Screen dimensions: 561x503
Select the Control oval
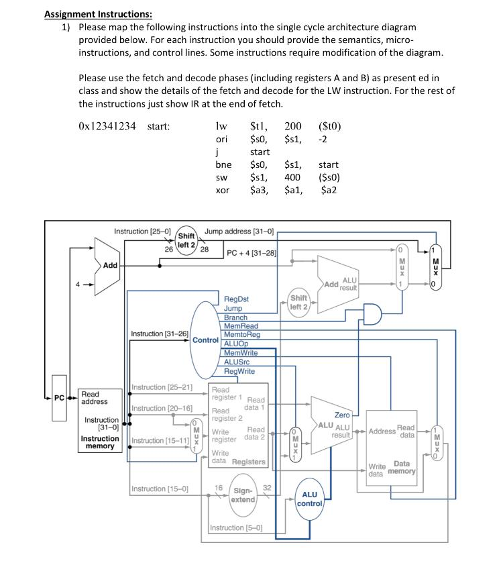[207, 340]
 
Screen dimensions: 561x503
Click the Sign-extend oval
[242, 495]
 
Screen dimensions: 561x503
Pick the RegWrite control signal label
[239, 371]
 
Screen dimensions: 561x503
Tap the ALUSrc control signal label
[237, 362]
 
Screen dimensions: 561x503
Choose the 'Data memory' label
[400, 468]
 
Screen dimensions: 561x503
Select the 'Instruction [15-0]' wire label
[160, 489]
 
